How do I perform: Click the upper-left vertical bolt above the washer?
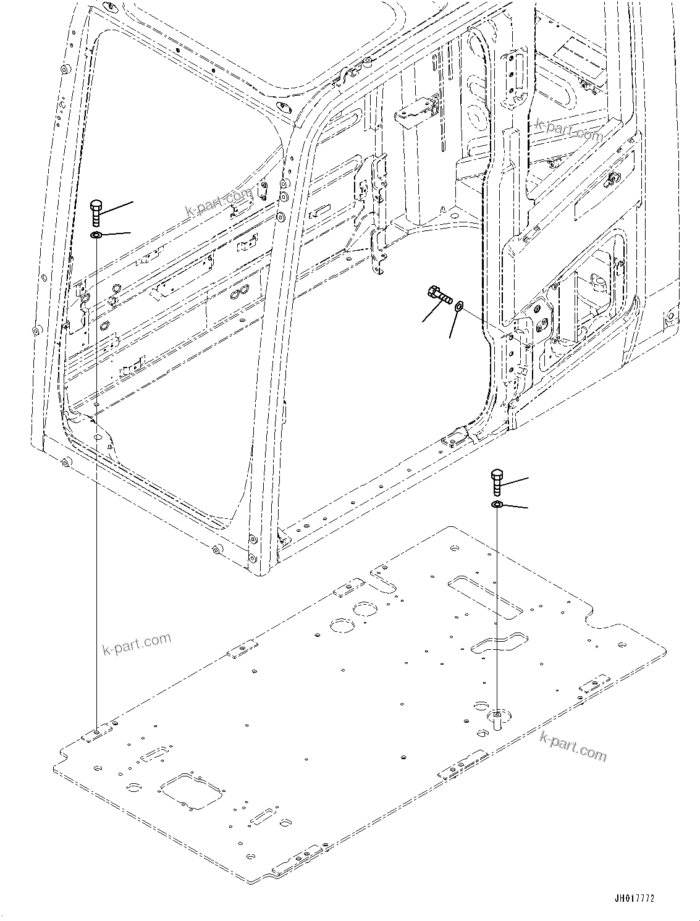click(x=96, y=214)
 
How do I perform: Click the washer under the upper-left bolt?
click(x=96, y=235)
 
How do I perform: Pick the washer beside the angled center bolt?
click(x=459, y=306)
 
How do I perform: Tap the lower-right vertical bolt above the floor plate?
click(x=498, y=482)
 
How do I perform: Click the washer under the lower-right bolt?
click(x=497, y=506)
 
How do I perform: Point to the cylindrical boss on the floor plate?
click(x=498, y=720)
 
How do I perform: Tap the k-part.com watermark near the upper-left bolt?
click(x=219, y=204)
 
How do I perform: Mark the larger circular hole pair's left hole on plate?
click(x=340, y=625)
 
